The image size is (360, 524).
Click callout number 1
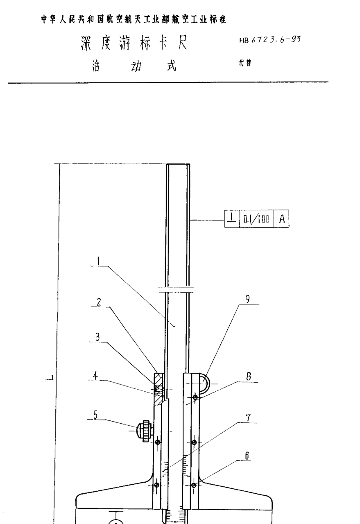[x=99, y=261]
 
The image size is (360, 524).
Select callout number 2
[x=99, y=302]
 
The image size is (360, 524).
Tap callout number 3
[x=97, y=337]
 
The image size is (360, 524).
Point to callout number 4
[x=95, y=376]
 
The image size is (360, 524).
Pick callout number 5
[x=95, y=415]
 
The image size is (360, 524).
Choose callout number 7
[x=248, y=418]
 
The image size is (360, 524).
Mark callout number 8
[x=249, y=377]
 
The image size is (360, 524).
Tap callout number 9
[x=247, y=299]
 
